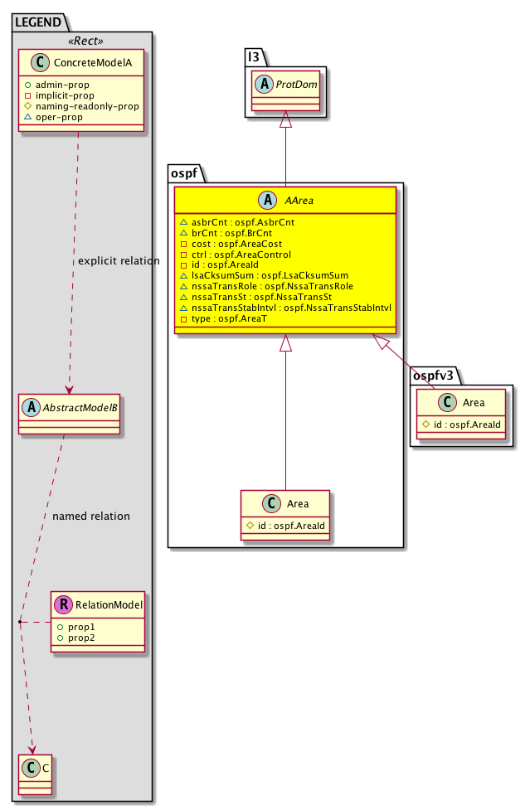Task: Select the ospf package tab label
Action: (x=183, y=172)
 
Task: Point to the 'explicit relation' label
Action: (x=119, y=261)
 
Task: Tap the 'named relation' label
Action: (x=91, y=516)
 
